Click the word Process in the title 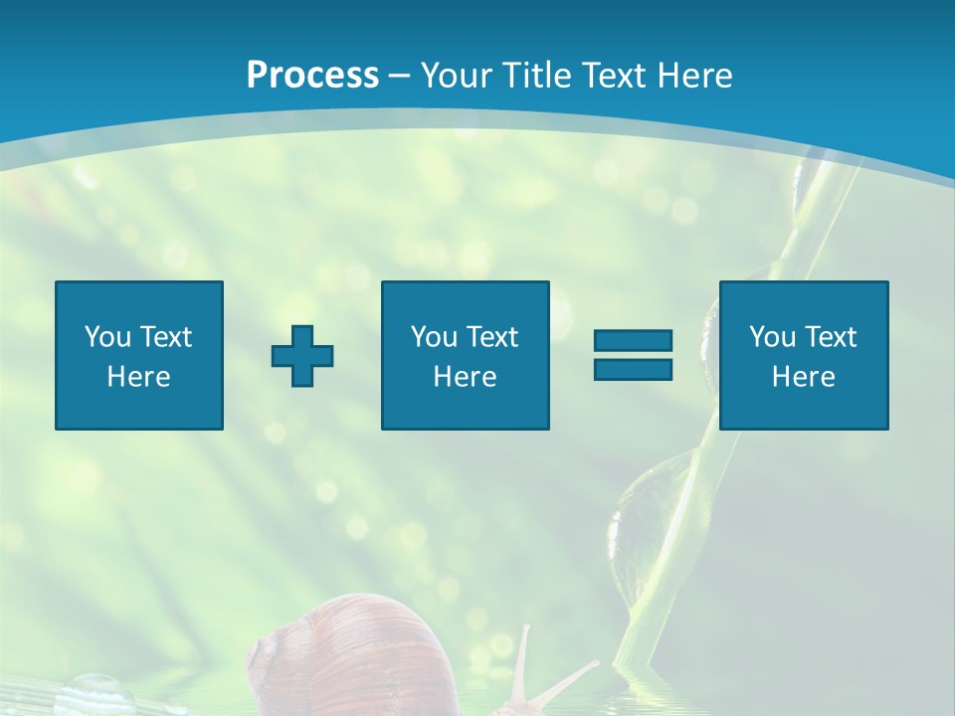(x=312, y=76)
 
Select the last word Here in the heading (x=693, y=76)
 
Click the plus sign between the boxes (x=302, y=356)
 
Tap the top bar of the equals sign (x=633, y=341)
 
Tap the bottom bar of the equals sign (x=633, y=369)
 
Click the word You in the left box (x=106, y=337)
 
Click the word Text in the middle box (x=491, y=337)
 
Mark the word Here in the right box (x=803, y=377)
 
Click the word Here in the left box (x=139, y=377)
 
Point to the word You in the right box (x=771, y=337)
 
